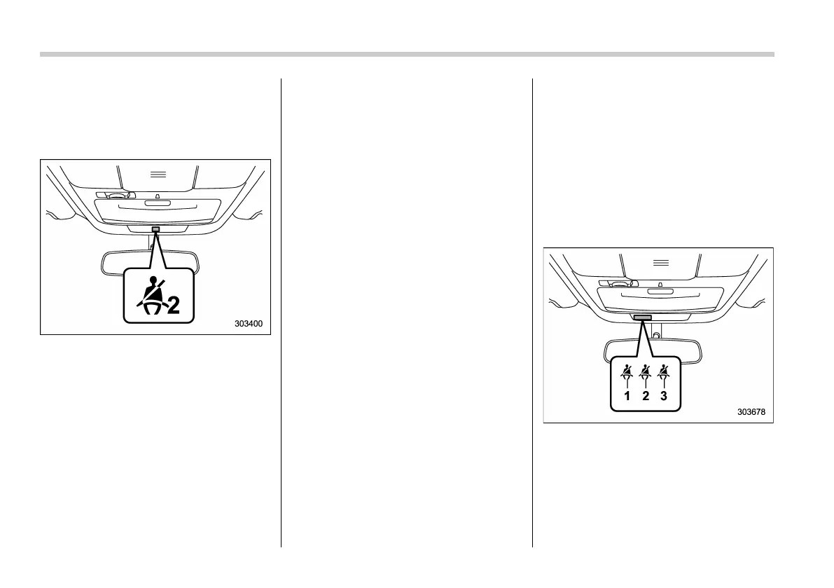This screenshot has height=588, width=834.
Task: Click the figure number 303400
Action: [x=252, y=324]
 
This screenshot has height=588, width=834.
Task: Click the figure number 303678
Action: [x=751, y=412]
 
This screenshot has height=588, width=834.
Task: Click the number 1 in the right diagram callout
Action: [x=627, y=396]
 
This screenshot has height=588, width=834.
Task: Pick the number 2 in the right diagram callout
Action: [x=645, y=396]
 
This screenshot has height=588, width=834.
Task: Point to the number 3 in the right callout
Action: [x=664, y=396]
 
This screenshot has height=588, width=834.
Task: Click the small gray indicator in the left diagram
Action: [x=155, y=228]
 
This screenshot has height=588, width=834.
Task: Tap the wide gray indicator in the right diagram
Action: [x=642, y=317]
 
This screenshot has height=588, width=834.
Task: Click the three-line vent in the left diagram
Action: [x=158, y=174]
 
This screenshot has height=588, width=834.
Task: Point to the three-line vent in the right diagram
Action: [x=660, y=262]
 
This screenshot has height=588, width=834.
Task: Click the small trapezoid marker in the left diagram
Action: [x=158, y=196]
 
